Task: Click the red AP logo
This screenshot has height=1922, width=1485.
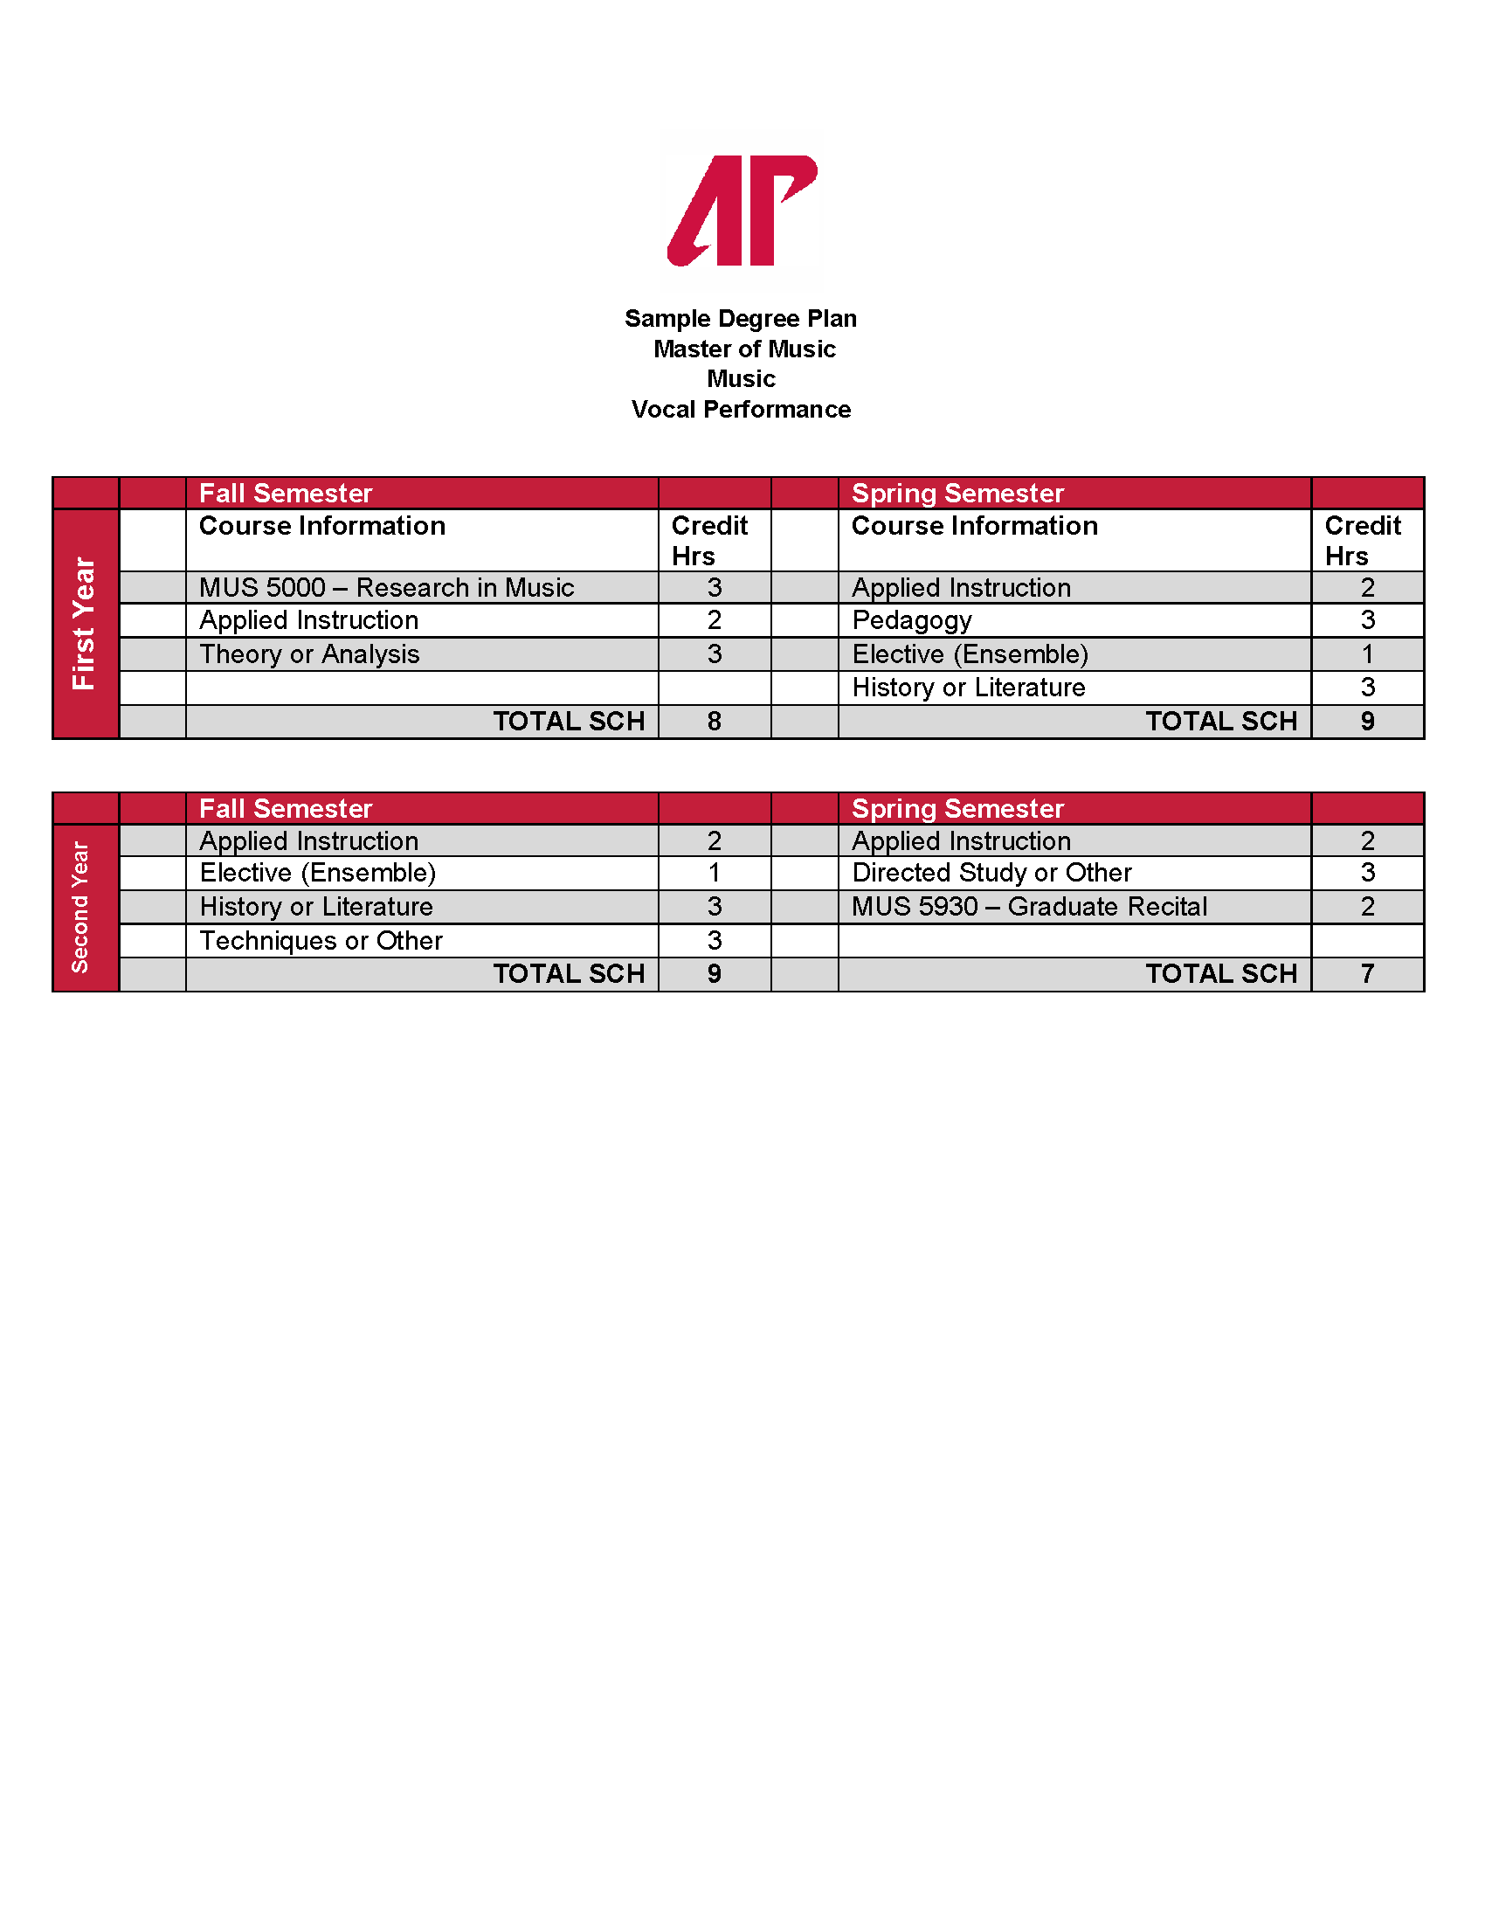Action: (x=742, y=211)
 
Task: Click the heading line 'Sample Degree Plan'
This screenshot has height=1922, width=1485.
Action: (x=740, y=319)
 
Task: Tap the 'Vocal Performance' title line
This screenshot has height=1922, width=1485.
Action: (x=741, y=409)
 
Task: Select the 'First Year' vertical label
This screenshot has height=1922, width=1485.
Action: (x=85, y=623)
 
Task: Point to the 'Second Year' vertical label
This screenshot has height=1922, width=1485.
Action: (x=80, y=908)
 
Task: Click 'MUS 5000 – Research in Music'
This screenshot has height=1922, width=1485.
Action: (x=386, y=587)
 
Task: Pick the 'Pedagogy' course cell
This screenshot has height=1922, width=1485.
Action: (x=911, y=620)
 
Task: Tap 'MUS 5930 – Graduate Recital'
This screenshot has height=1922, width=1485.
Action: (x=1028, y=907)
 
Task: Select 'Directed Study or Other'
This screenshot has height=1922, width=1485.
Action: (x=991, y=872)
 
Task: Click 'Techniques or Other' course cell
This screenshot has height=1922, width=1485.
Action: (x=321, y=940)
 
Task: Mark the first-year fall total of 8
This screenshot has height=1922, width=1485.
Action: (x=714, y=721)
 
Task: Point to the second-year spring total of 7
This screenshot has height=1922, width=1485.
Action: (x=1366, y=973)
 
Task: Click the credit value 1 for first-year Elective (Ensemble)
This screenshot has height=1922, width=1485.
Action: (x=1366, y=653)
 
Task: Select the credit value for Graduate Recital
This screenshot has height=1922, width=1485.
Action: (x=1366, y=907)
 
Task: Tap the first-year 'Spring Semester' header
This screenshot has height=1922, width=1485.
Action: (x=957, y=493)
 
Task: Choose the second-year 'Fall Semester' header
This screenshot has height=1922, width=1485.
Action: (x=285, y=808)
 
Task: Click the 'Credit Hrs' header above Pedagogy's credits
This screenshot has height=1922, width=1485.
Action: (x=1361, y=540)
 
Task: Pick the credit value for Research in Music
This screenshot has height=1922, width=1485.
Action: (x=714, y=587)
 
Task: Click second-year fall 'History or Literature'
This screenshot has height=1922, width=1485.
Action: (x=316, y=907)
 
